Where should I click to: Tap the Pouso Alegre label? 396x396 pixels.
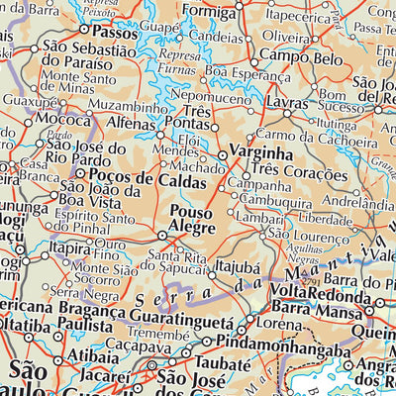coord(192,220)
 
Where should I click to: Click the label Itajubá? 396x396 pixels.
coord(238,266)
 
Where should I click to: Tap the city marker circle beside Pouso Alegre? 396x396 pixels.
coord(163,235)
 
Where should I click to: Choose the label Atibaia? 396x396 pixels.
coord(71,352)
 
